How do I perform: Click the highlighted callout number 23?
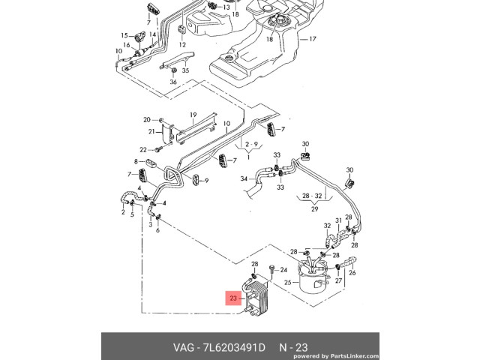(234, 299)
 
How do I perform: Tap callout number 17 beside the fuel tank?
(313, 38)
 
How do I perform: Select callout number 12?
(182, 45)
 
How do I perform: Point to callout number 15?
(125, 34)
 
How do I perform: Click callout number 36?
(172, 82)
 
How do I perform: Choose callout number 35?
(185, 70)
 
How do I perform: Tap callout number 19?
(193, 115)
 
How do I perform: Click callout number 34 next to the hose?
(244, 179)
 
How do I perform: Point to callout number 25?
(286, 283)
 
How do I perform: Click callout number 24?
(283, 270)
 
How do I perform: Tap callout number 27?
(339, 282)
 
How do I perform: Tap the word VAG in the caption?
(167, 347)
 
